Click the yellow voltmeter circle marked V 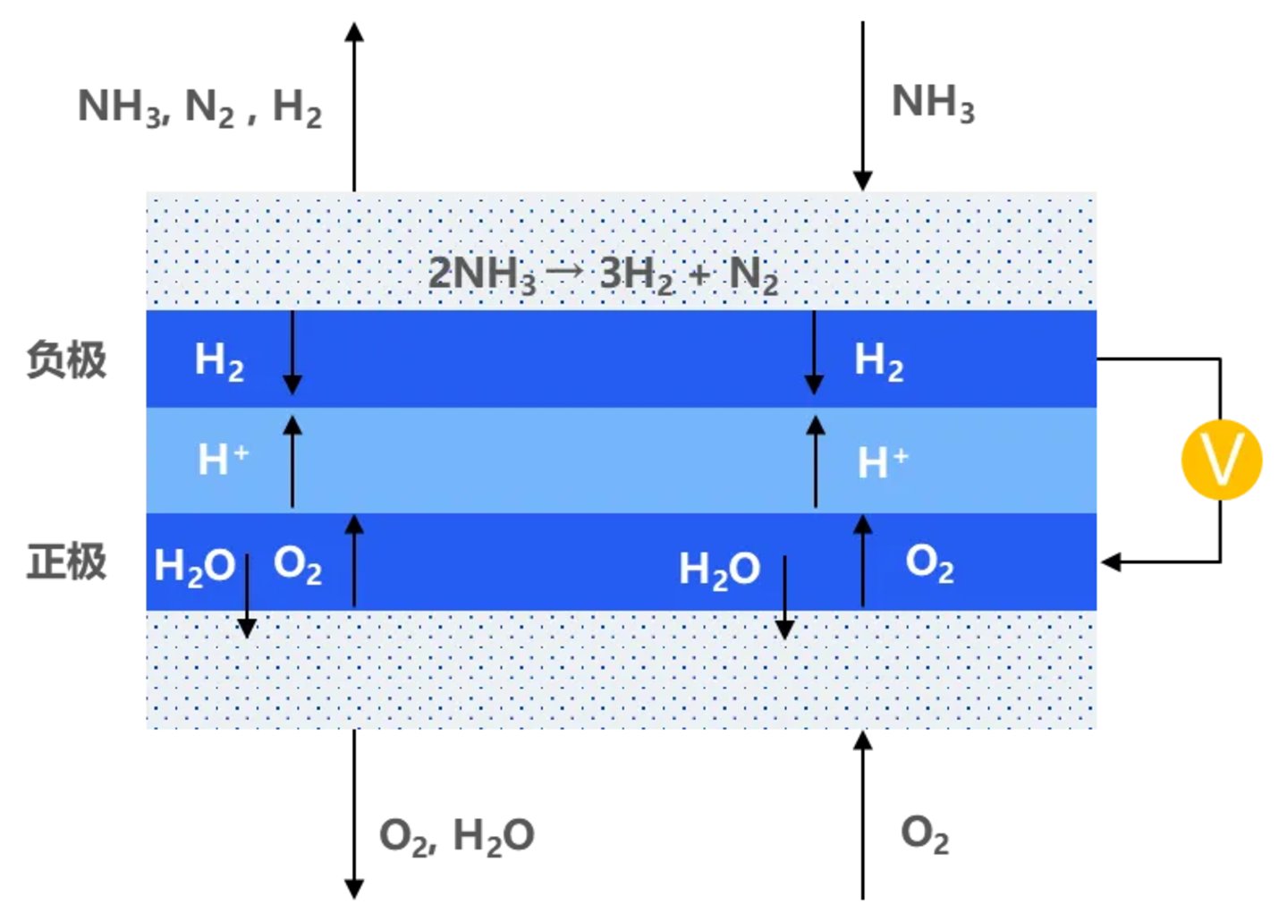pyautogui.click(x=1221, y=460)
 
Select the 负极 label pyautogui.click(x=67, y=359)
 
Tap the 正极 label pyautogui.click(x=67, y=562)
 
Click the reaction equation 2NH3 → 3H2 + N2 pyautogui.click(x=603, y=274)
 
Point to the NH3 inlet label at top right pyautogui.click(x=933, y=103)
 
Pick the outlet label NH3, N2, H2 pyautogui.click(x=199, y=108)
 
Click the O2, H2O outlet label pyautogui.click(x=456, y=836)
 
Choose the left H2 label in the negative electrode pyautogui.click(x=219, y=361)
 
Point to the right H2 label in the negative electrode pyautogui.click(x=878, y=361)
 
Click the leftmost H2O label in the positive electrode pyautogui.click(x=194, y=567)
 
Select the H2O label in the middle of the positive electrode pyautogui.click(x=719, y=570)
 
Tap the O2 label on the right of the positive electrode pyautogui.click(x=929, y=563)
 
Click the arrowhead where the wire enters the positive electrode pyautogui.click(x=1111, y=562)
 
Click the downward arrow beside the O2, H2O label pyautogui.click(x=354, y=814)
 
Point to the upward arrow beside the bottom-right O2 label pyautogui.click(x=862, y=814)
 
